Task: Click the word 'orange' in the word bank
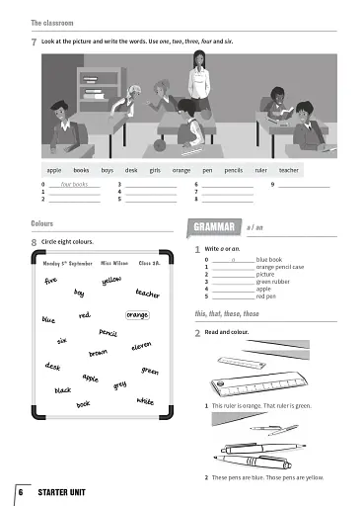pos(181,170)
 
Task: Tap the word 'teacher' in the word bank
pos(289,170)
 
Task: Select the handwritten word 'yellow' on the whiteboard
pos(111,281)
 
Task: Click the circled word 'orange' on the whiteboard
pos(137,315)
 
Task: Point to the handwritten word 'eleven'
pos(141,347)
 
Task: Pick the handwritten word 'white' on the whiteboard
pos(145,401)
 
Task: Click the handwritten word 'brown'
pos(98,353)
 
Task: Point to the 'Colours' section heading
pos(42,223)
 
